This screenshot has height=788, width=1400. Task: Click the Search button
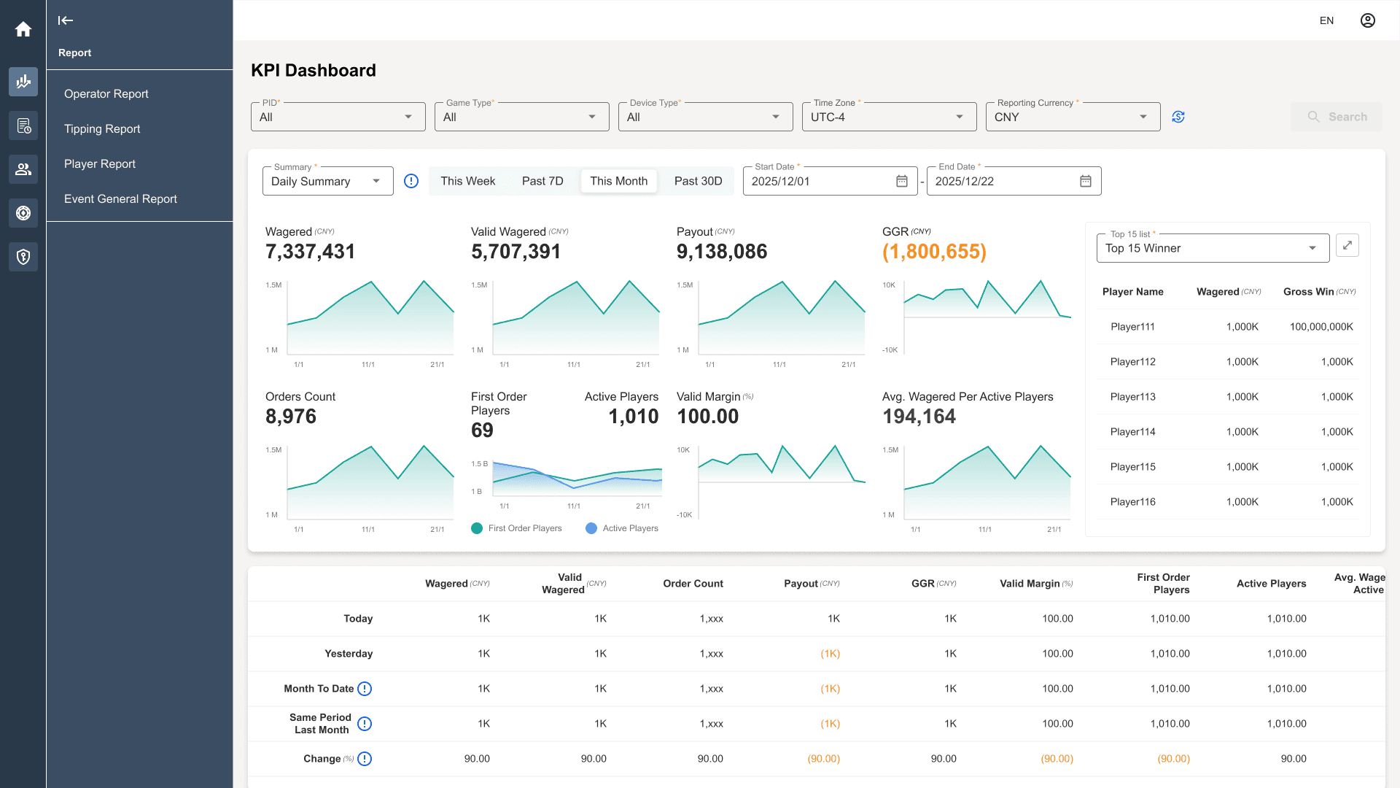click(x=1337, y=117)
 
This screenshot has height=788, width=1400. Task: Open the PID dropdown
click(x=338, y=117)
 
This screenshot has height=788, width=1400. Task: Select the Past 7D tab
click(x=542, y=181)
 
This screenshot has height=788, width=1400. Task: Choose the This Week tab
click(x=467, y=181)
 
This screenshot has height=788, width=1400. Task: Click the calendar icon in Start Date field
click(x=902, y=181)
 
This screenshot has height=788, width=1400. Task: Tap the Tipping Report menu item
click(x=102, y=128)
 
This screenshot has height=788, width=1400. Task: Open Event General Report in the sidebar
click(x=120, y=198)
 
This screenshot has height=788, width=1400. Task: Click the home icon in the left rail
click(x=23, y=29)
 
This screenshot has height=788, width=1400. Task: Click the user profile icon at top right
click(x=1368, y=20)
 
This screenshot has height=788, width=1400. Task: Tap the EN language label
click(x=1326, y=20)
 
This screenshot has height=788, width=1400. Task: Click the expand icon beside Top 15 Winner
click(x=1347, y=245)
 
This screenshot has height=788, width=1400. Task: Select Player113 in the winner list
click(x=1132, y=397)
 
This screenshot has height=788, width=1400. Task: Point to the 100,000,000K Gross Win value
click(x=1321, y=327)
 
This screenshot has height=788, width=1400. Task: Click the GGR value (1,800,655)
click(x=934, y=252)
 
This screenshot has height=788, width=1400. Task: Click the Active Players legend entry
click(x=622, y=528)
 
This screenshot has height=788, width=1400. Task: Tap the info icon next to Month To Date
click(x=365, y=689)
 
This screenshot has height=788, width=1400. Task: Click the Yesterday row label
click(x=349, y=654)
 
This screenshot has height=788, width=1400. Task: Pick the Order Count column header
click(x=693, y=584)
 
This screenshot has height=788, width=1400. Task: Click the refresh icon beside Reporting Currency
click(x=1178, y=117)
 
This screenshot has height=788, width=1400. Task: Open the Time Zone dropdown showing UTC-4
click(x=889, y=117)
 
